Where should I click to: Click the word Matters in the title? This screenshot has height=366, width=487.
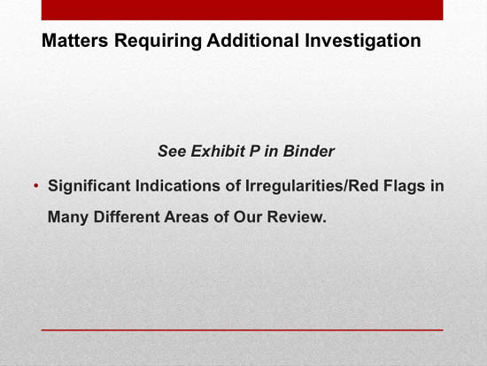[75, 41]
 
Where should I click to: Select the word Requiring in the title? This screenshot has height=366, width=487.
[158, 41]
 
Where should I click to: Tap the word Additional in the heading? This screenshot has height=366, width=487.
[253, 41]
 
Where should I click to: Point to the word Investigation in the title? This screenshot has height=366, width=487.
[363, 41]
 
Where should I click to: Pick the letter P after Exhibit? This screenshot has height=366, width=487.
[255, 152]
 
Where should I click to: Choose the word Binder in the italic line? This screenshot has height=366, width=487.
[308, 152]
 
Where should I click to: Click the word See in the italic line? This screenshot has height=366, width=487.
[172, 152]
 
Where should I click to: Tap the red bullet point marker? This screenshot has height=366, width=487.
[36, 186]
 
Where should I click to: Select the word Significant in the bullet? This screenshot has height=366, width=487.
[89, 186]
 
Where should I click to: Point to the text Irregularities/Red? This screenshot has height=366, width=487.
[312, 186]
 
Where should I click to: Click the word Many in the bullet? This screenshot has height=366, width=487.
[68, 217]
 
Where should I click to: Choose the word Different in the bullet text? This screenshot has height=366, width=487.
[127, 217]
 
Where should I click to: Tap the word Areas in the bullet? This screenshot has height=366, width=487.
[186, 217]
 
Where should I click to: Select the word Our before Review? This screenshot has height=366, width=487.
[248, 217]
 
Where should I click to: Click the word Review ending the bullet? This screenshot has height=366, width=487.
[297, 217]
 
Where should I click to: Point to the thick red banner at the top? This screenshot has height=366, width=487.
[243, 10]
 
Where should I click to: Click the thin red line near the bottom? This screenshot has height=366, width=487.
[243, 330]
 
